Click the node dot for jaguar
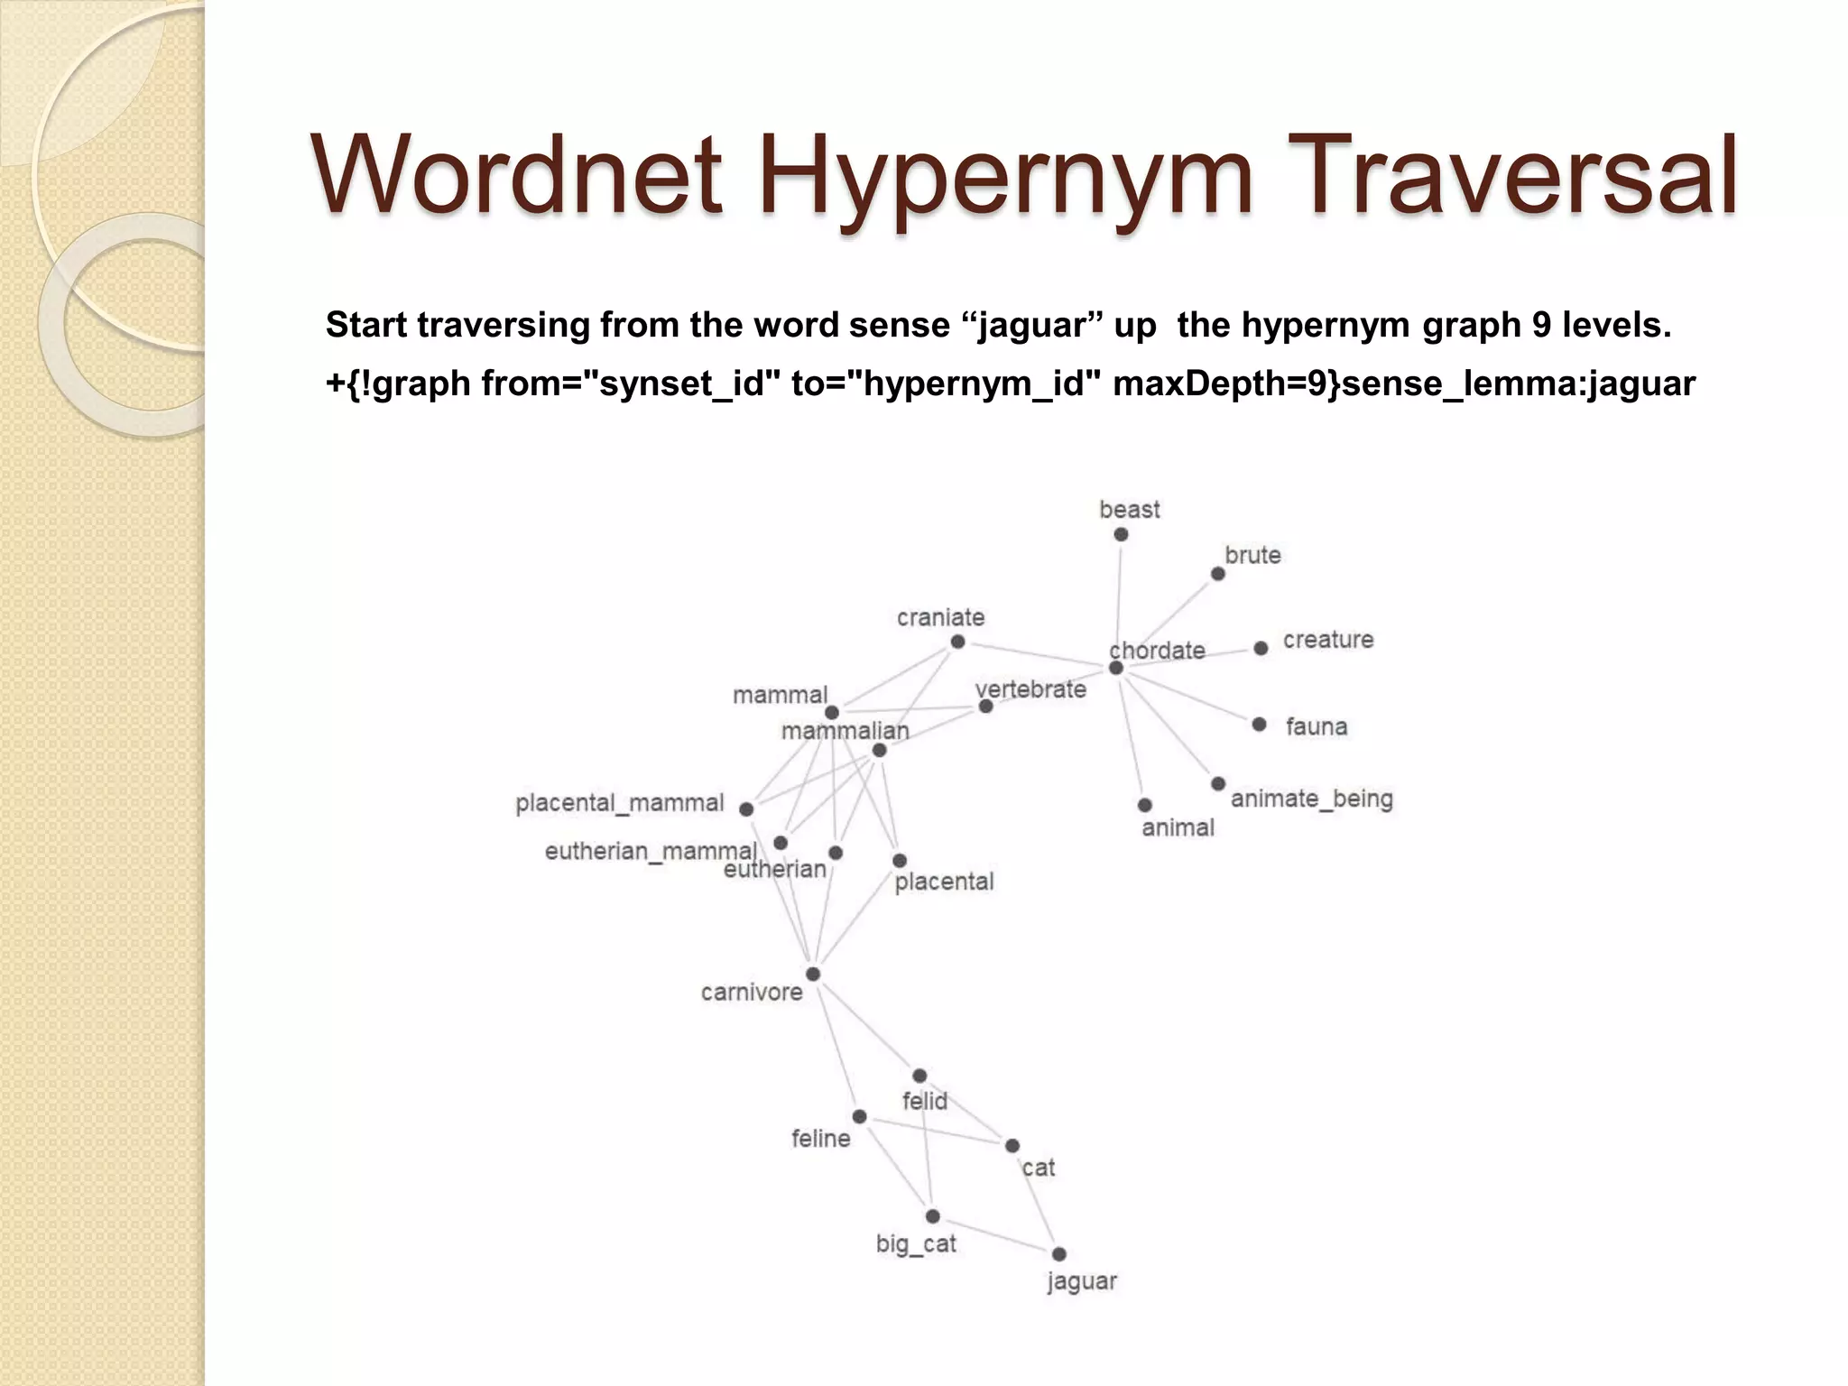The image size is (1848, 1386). point(1059,1254)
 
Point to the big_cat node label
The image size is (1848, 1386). point(915,1244)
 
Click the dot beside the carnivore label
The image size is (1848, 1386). point(813,975)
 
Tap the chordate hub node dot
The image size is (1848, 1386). point(1116,668)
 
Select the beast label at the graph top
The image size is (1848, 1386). point(1129,510)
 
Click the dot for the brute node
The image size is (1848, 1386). point(1218,574)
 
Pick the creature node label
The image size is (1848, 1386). point(1327,640)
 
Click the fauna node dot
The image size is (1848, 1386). point(1260,725)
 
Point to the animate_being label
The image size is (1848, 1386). point(1311,799)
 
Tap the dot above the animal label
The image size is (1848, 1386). point(1145,805)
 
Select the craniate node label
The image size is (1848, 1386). point(940,618)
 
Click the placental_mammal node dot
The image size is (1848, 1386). point(746,809)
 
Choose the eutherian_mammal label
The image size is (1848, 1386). point(650,852)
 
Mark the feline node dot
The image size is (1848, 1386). point(860,1117)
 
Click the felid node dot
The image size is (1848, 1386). point(919,1076)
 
